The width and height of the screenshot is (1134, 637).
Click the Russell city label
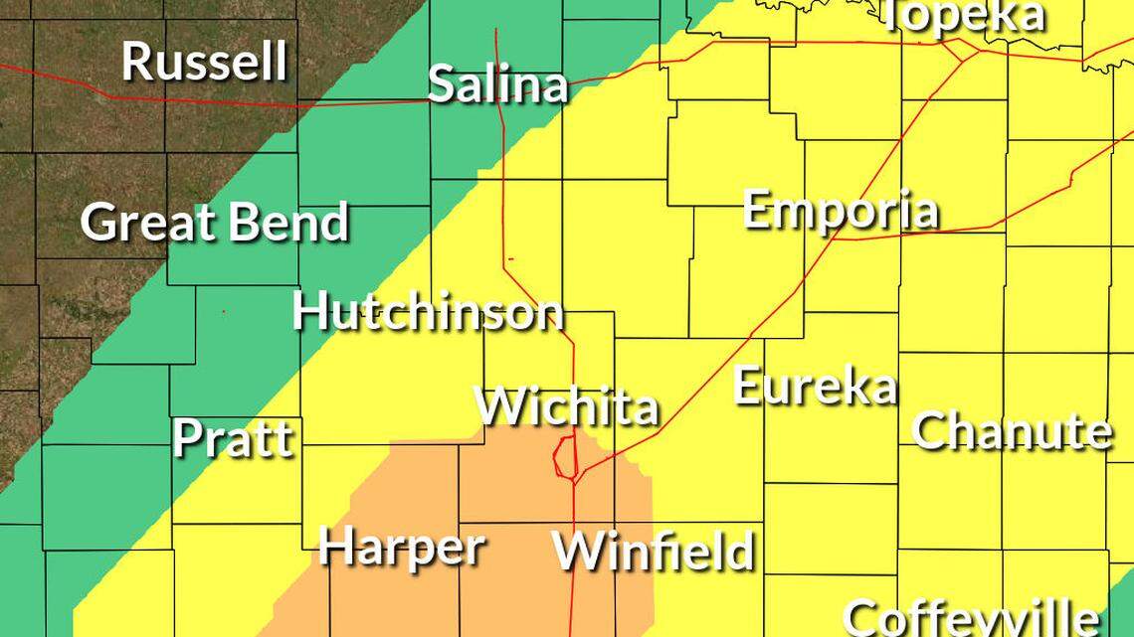[x=205, y=62]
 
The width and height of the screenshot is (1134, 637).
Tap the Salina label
[x=497, y=85]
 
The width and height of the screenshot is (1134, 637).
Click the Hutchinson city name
[x=428, y=312]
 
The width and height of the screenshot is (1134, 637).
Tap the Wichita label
[x=567, y=406]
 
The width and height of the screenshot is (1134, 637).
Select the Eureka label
[x=815, y=386]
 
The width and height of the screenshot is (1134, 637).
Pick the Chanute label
[x=1011, y=431]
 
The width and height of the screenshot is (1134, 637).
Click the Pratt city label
[x=234, y=438]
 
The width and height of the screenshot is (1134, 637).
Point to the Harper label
[x=401, y=548]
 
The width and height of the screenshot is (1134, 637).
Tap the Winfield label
[x=653, y=551]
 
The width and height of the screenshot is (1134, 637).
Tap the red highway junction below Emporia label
[x=834, y=239]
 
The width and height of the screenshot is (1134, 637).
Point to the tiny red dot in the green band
[x=224, y=312]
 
